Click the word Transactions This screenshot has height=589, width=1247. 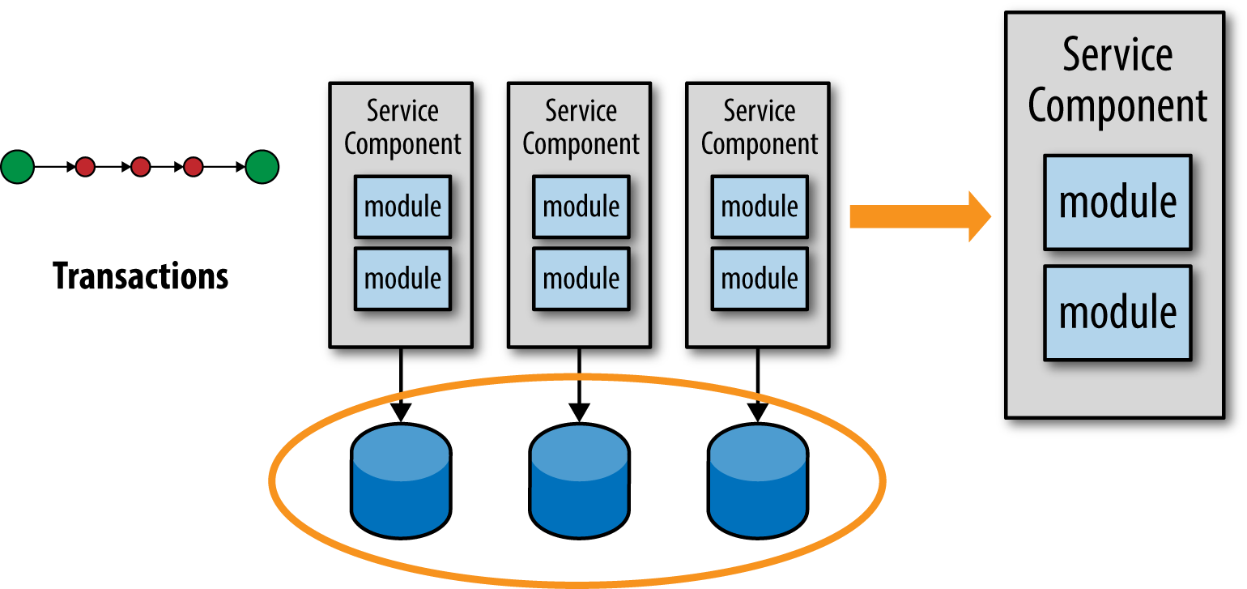click(140, 275)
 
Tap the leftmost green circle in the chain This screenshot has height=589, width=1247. click(18, 167)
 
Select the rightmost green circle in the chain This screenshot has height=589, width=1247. click(262, 167)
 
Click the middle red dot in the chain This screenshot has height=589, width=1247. click(140, 167)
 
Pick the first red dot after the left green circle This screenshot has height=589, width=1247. click(85, 167)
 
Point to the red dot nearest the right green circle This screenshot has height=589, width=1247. click(194, 167)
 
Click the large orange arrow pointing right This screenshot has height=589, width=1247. click(920, 216)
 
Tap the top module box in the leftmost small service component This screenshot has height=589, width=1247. click(402, 207)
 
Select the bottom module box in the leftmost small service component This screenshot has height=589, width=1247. click(402, 279)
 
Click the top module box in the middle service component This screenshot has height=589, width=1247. click(581, 207)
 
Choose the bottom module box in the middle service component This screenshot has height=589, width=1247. click(581, 279)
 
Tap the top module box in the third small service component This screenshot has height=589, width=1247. click(760, 207)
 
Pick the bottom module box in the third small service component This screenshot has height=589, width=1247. click(760, 279)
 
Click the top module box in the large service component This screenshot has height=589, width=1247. click(1117, 203)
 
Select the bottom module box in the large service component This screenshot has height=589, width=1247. click(1117, 313)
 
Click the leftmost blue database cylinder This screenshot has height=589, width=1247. click(401, 481)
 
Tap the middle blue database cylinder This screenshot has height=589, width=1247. click(580, 481)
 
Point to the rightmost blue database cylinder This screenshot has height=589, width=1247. click(758, 481)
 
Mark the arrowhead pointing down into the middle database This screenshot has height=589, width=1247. click(580, 413)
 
